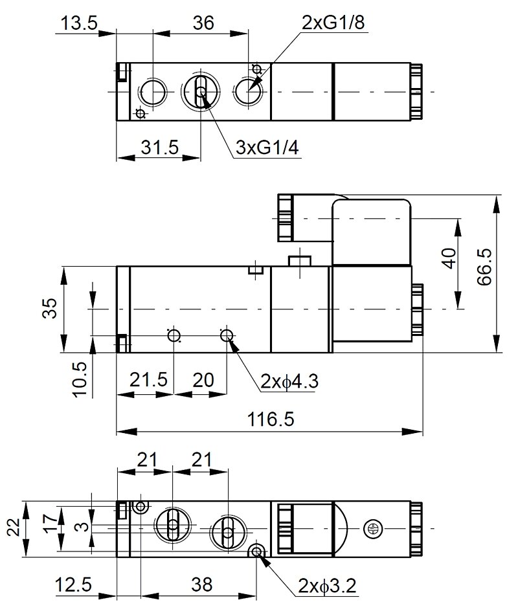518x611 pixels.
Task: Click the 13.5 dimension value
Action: click(x=78, y=23)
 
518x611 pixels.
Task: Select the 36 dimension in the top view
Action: click(x=203, y=23)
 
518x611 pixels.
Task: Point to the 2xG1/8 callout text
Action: click(x=333, y=23)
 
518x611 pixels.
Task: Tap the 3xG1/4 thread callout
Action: click(x=267, y=148)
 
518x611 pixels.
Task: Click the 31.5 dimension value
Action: click(x=159, y=148)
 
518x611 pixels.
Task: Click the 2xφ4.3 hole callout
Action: click(x=290, y=382)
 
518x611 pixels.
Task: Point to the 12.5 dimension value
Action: click(x=73, y=586)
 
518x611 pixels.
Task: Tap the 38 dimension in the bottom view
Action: click(x=203, y=586)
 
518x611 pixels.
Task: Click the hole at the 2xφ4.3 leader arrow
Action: click(x=226, y=335)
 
